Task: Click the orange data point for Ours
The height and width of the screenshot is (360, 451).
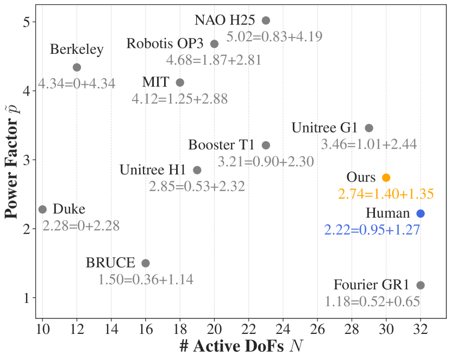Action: [x=386, y=178]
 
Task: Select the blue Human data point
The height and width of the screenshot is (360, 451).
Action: [x=421, y=213]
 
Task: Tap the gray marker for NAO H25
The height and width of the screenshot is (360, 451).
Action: [x=266, y=21]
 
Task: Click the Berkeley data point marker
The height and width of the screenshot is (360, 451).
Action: [x=77, y=67]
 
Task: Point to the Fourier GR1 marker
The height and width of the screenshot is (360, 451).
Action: [x=421, y=285]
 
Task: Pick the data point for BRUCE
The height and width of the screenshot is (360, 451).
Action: [x=146, y=263]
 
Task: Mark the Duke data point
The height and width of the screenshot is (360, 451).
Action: [x=42, y=210]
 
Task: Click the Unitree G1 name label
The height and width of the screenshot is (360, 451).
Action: [x=324, y=129]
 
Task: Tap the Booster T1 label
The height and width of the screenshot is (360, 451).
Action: [x=221, y=146]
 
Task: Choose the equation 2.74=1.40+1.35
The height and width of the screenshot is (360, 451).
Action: [x=386, y=194]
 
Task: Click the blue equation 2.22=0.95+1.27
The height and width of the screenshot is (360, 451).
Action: [x=372, y=230]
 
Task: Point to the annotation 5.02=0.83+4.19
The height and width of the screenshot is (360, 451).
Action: [x=274, y=37]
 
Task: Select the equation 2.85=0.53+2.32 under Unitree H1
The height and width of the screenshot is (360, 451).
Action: [x=197, y=187]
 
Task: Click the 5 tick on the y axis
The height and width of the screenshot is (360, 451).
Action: [x=26, y=22]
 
